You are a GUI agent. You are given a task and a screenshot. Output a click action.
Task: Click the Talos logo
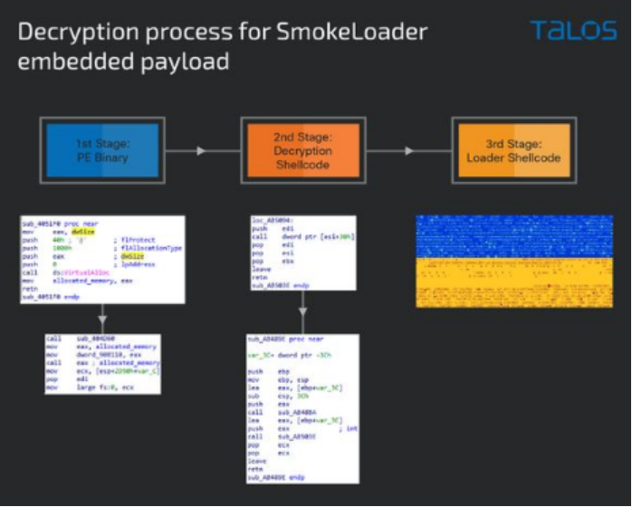point(573,31)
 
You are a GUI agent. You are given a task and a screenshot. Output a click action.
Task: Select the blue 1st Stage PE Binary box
point(102,150)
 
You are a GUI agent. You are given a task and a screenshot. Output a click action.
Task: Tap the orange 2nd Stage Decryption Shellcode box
point(303,150)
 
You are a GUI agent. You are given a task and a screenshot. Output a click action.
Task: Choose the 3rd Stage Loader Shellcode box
point(513,150)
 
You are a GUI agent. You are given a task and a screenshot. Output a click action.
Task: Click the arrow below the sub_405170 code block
point(102,318)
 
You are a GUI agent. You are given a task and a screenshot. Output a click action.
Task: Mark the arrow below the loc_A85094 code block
point(303,318)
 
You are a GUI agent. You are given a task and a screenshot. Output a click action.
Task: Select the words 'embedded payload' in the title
point(124,62)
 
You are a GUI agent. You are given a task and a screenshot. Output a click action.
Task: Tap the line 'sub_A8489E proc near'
point(281,342)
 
